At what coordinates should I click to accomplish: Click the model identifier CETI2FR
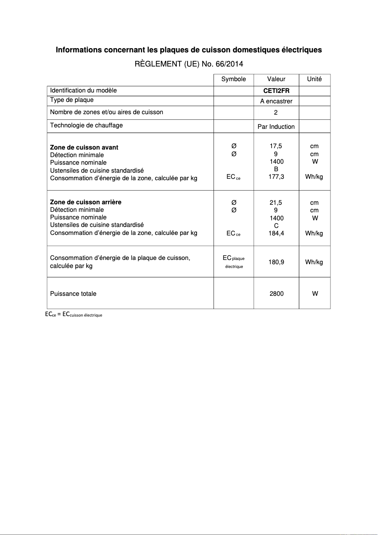point(276,91)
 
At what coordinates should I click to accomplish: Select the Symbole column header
point(233,79)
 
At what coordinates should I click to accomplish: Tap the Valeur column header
point(276,79)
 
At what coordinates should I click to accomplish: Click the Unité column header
point(314,79)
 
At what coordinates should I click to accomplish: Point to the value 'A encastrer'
point(276,101)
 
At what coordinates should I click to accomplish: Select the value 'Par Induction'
point(276,126)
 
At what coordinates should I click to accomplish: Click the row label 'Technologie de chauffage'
point(86,125)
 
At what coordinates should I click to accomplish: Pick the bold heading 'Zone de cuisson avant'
point(84,147)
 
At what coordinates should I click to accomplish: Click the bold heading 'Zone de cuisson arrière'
point(85,202)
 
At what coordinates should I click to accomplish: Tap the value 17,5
point(276,147)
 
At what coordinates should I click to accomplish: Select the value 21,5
point(276,203)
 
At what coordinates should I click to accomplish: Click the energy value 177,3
point(276,176)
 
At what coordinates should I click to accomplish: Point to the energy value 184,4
point(276,233)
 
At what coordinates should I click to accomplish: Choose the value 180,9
point(276,262)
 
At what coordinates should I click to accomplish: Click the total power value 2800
point(276,293)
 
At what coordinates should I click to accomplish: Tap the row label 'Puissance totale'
point(73,293)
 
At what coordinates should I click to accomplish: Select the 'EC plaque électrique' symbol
point(234,262)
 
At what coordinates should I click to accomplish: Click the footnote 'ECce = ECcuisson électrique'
point(74,314)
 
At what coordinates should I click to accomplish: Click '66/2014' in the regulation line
point(230,64)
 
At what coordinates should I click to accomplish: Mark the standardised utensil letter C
point(276,226)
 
